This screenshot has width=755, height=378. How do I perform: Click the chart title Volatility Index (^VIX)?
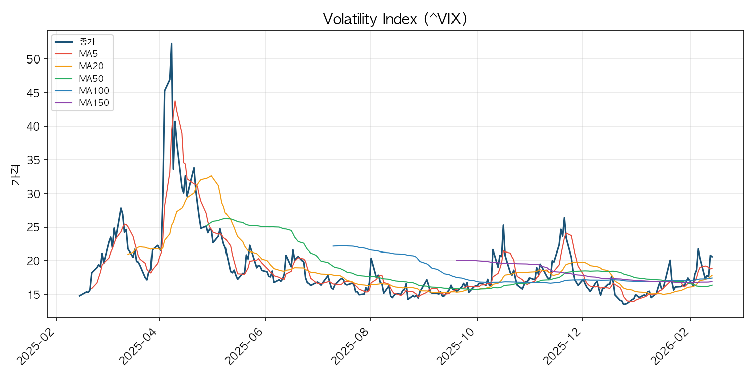point(395,19)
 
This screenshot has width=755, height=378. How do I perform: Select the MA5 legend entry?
point(87,54)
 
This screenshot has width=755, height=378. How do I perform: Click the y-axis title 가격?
point(15,175)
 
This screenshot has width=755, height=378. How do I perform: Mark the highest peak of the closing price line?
point(171,43)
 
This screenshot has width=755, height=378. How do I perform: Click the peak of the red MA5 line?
point(175,101)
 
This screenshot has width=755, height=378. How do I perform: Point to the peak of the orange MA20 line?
point(211,176)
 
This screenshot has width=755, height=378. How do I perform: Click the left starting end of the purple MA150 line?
point(456,261)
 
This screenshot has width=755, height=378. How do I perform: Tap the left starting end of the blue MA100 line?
point(333,246)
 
